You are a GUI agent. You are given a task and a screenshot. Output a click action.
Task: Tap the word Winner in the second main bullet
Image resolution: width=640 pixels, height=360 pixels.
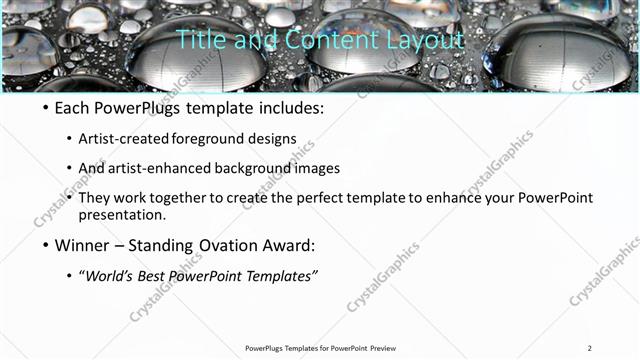click(85, 244)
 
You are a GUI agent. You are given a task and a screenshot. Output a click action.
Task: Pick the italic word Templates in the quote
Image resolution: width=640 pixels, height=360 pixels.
click(283, 275)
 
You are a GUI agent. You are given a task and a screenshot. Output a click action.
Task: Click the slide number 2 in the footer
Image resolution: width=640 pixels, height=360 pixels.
click(590, 348)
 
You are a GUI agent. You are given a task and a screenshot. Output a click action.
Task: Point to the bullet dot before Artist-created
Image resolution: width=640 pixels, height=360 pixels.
click(68, 139)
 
